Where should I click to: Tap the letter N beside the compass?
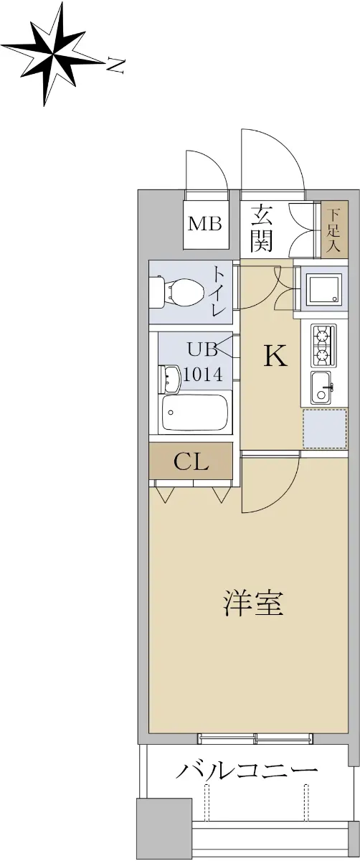[x=115, y=65]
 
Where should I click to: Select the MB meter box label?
[x=204, y=224]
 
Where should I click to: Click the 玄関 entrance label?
[x=262, y=228]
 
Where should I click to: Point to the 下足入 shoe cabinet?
[x=334, y=230]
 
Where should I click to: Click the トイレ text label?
[x=219, y=292]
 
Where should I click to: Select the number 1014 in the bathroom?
[x=203, y=374]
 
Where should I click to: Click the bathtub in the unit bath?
[x=195, y=413]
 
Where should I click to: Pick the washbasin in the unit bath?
[x=169, y=379]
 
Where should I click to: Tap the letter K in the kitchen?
[x=275, y=356]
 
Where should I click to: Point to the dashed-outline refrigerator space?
[x=325, y=428]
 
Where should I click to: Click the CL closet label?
[x=191, y=462]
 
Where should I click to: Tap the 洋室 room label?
[x=253, y=603]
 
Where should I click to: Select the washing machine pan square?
[x=324, y=288]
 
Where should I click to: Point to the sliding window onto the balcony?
[x=255, y=738]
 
